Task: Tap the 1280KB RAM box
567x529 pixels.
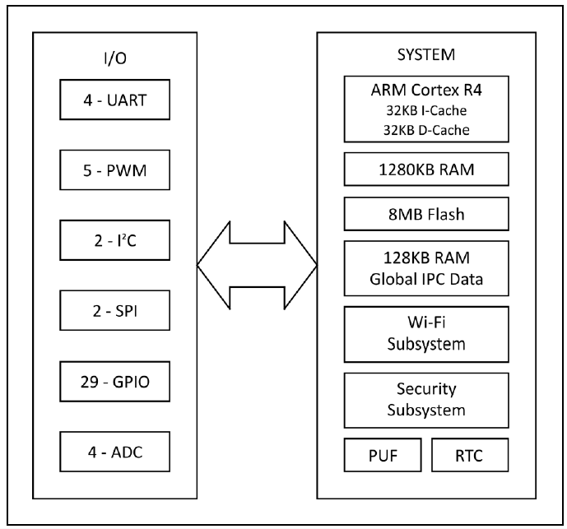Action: tap(425, 172)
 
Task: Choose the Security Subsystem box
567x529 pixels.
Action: tap(425, 399)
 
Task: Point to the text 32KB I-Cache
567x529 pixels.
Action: tap(425, 112)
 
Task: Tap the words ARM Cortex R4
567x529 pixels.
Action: tap(425, 94)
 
